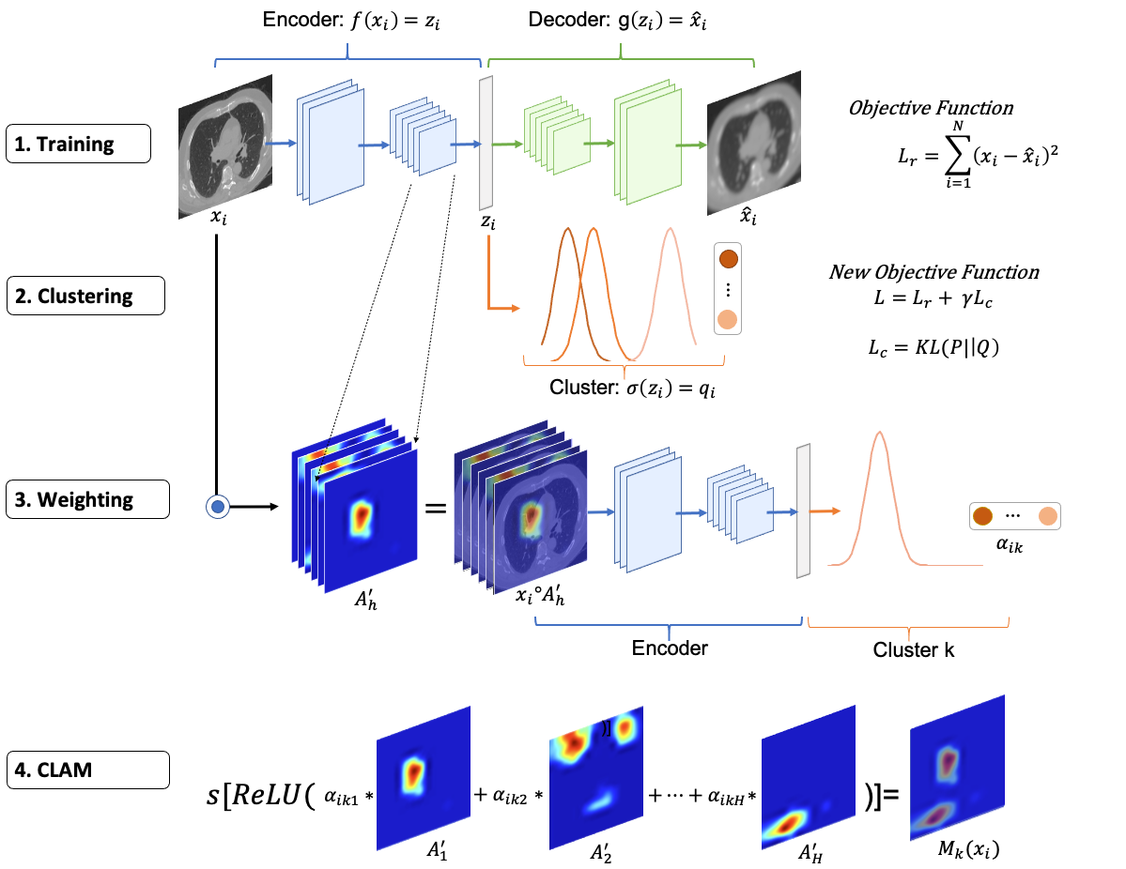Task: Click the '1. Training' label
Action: coord(78,145)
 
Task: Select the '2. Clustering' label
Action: coord(85,297)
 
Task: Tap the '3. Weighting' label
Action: coord(88,500)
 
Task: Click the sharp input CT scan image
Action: coord(225,146)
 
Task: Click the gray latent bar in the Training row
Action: coord(486,144)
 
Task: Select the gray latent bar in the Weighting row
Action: coord(803,511)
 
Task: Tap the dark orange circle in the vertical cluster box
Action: coord(728,259)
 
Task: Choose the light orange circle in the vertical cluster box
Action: coord(728,320)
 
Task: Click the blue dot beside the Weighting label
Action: coord(218,508)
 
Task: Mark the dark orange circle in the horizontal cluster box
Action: coord(983,516)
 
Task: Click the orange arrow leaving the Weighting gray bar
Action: coord(825,511)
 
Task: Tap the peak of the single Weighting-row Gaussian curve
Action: coord(879,433)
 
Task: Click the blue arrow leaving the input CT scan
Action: coord(283,144)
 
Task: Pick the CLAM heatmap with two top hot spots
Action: coord(596,777)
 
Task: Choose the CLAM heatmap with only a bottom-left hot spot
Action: coord(808,777)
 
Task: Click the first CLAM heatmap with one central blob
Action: coord(423,777)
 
